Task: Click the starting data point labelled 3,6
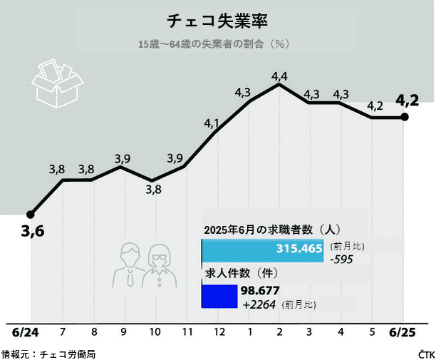coord(30,214)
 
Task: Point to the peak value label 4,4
coord(279,76)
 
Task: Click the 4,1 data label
coord(212,123)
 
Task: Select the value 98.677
coord(260,290)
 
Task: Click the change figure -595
coord(343,259)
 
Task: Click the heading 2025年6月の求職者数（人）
coord(272,230)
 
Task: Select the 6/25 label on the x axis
coord(403,332)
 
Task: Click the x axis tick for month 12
coord(219,332)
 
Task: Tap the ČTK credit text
coord(426,353)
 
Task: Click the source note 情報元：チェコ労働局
coord(48,353)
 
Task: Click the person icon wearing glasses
coord(157,265)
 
